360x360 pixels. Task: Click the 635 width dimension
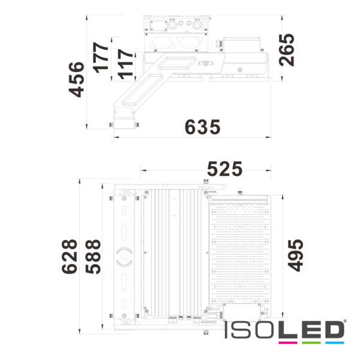click(203, 127)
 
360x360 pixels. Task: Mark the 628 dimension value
click(70, 256)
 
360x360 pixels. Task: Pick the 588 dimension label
click(92, 256)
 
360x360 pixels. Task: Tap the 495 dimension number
click(296, 256)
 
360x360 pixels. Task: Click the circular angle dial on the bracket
click(125, 256)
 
